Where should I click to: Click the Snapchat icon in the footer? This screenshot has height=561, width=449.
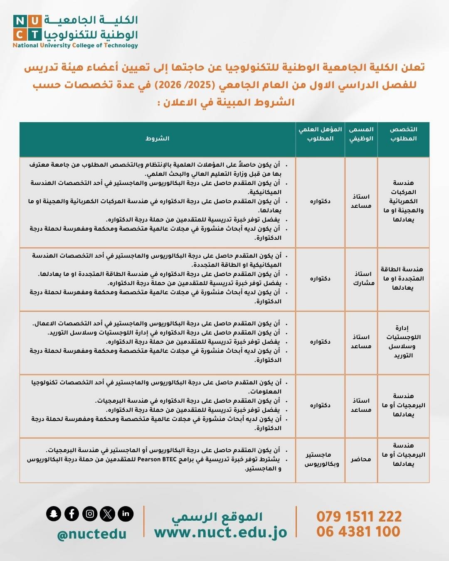pos(54,514)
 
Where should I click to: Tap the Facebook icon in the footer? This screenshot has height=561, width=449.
pos(72,514)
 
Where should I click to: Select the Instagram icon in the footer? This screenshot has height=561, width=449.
pos(90,514)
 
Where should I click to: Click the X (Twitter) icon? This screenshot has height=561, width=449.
pos(108,514)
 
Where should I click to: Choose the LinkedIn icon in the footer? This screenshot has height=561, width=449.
pos(126,514)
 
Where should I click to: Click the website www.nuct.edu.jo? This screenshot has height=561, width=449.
pos(220,533)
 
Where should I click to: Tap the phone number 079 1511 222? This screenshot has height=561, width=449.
pos(359,517)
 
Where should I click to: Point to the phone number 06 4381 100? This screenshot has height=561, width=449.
pos(358,531)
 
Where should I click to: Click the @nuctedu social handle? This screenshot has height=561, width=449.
pos(91,534)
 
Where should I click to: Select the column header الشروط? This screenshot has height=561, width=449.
pos(158,138)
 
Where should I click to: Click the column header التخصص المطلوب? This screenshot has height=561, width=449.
pos(403,134)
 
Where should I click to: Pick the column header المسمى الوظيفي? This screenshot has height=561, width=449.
pos(361,134)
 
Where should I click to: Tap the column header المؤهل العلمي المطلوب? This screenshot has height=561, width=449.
pos(320,134)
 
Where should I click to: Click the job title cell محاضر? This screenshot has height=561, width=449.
pos(361,459)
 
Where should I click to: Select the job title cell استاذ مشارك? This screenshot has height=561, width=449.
pos(363,278)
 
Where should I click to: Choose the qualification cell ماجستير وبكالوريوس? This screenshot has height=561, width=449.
pos(321,459)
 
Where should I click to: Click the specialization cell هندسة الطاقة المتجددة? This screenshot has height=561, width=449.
pos(402,278)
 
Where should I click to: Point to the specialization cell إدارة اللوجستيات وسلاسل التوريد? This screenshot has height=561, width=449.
pos(403,342)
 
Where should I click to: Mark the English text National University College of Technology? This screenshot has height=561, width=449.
pos(75,46)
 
